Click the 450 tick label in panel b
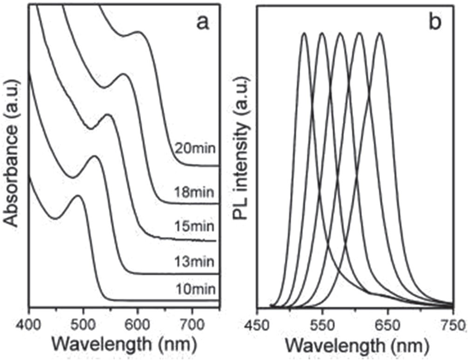(256, 323)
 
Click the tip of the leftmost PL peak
(304, 33)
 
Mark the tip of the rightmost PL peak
(380, 33)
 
